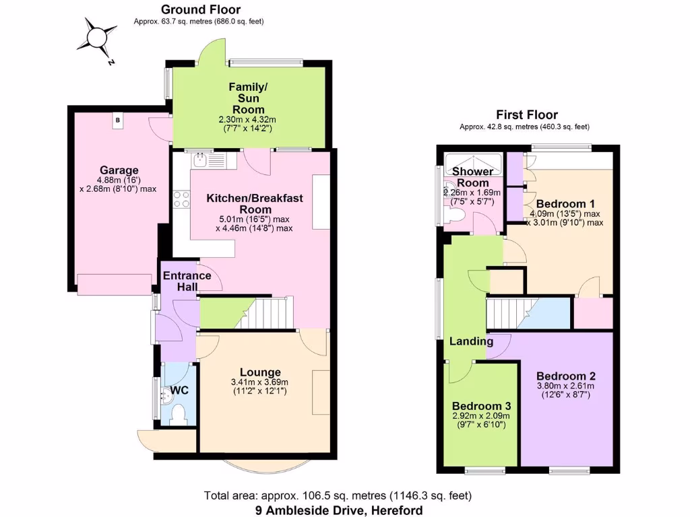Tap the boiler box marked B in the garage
[118, 120]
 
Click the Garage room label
[119, 170]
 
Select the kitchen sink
[201, 160]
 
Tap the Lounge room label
[260, 372]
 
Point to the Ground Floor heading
[200, 9]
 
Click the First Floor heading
[527, 115]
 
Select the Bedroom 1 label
[565, 204]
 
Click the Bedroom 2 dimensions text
[565, 390]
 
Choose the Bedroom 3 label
[481, 407]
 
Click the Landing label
[471, 341]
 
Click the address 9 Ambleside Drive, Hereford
[339, 510]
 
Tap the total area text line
[338, 496]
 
